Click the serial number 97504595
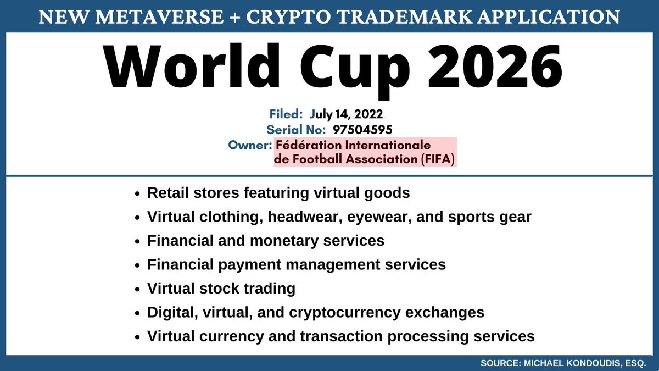click(362, 130)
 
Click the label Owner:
click(250, 146)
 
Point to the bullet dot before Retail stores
click(137, 194)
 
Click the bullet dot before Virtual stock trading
click(137, 289)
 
